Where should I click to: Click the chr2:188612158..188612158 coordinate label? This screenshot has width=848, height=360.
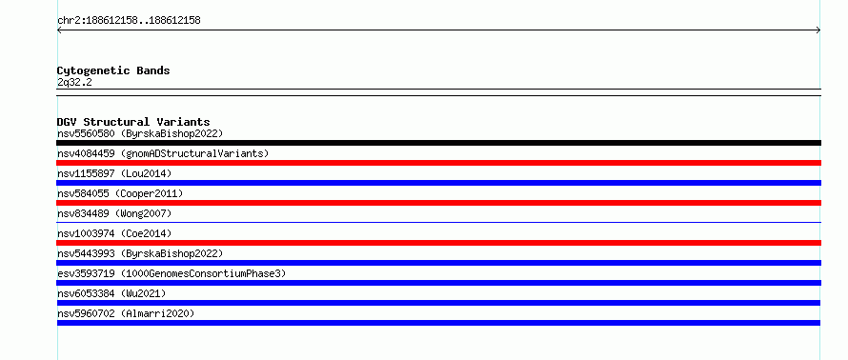point(129,21)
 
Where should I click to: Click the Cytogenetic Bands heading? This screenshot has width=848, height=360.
point(113,70)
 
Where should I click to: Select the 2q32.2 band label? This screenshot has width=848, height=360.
point(74,82)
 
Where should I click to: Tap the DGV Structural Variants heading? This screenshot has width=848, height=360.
point(133,122)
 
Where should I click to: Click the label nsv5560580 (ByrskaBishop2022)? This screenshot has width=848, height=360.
point(140,133)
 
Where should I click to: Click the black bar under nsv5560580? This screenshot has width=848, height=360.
point(438,143)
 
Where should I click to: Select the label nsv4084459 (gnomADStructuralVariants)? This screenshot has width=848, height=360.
point(163,153)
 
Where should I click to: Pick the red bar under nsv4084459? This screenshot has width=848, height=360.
point(438,163)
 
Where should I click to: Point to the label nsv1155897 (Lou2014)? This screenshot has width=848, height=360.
point(114,173)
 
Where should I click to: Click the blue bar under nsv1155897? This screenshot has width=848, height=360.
point(438,183)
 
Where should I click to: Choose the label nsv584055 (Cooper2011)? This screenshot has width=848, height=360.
point(120,193)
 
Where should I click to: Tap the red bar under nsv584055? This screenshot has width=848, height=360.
point(438,203)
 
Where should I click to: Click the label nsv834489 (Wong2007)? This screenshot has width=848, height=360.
point(114,213)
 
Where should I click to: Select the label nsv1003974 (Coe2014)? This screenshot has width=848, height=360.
point(114,233)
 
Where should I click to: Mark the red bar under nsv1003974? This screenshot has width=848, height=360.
point(438,243)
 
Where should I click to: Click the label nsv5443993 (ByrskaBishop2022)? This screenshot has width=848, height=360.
point(140,253)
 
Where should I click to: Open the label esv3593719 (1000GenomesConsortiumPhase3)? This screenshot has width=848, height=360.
point(172,273)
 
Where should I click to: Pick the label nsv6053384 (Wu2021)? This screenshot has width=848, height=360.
point(111,293)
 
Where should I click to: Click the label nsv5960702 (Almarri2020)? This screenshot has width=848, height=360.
point(126,313)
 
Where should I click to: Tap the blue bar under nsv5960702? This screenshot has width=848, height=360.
point(438,323)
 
